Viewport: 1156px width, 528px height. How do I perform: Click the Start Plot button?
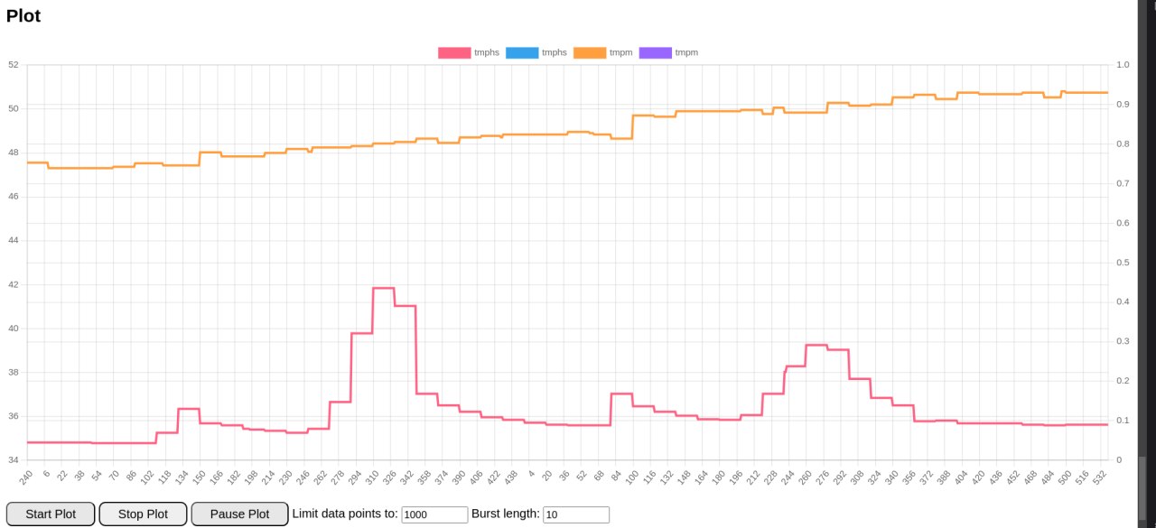coord(51,514)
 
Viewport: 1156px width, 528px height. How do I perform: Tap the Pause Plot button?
coord(239,514)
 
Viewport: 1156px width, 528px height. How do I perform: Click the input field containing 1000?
coord(434,514)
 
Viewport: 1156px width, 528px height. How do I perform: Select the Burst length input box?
coord(575,514)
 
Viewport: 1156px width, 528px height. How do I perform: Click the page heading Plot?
coord(23,15)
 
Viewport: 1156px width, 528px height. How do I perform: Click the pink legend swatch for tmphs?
coord(454,52)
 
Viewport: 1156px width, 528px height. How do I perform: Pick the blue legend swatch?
coord(522,52)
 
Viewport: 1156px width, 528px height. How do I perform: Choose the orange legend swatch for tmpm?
coord(590,52)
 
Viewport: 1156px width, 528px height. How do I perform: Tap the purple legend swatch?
coord(655,52)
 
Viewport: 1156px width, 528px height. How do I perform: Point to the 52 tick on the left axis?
coord(13,65)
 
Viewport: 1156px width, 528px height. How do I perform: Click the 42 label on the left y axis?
coord(13,284)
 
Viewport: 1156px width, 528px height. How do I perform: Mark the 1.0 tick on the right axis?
coord(1123,65)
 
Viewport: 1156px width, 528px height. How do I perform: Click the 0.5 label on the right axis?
coord(1123,263)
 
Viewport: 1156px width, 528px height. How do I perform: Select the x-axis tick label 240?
coord(26,477)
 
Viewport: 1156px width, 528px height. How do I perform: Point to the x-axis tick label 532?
coord(1100,477)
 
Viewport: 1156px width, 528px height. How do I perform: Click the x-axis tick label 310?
coord(371,477)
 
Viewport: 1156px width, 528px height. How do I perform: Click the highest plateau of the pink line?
coord(383,288)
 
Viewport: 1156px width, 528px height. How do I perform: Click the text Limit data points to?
coord(344,514)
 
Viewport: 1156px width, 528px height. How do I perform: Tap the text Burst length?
coord(505,514)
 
